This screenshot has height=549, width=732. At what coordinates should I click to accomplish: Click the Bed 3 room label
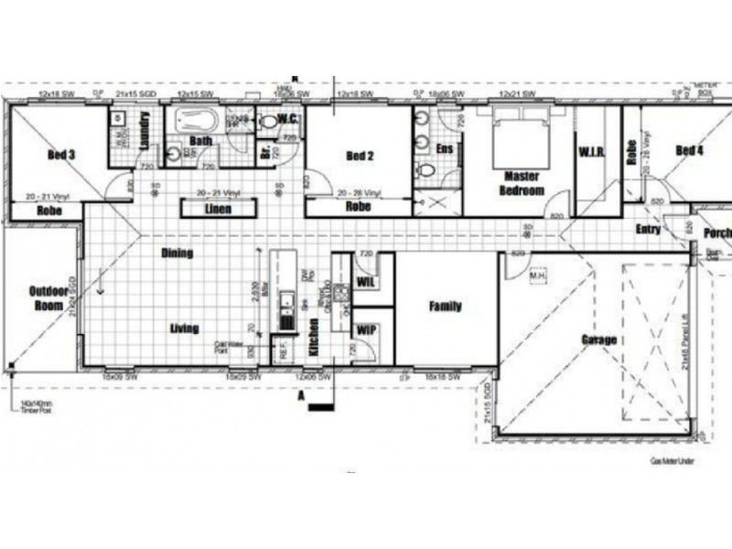(60, 155)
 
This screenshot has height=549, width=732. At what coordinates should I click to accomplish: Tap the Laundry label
(144, 132)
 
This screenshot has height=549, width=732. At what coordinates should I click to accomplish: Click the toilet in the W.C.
(267, 122)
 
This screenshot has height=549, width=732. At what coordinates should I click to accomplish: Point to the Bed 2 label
(360, 156)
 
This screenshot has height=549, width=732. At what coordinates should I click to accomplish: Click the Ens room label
(445, 147)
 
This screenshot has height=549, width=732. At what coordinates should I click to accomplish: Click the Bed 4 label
(690, 150)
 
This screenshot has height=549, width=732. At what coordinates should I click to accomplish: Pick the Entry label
(648, 229)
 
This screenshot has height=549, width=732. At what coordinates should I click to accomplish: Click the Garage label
(598, 339)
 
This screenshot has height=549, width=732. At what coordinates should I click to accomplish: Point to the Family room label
(446, 307)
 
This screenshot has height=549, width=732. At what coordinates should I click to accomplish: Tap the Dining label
(177, 253)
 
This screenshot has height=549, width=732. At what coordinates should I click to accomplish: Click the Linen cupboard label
(217, 210)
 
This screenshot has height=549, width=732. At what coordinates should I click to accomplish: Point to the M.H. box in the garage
(539, 274)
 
